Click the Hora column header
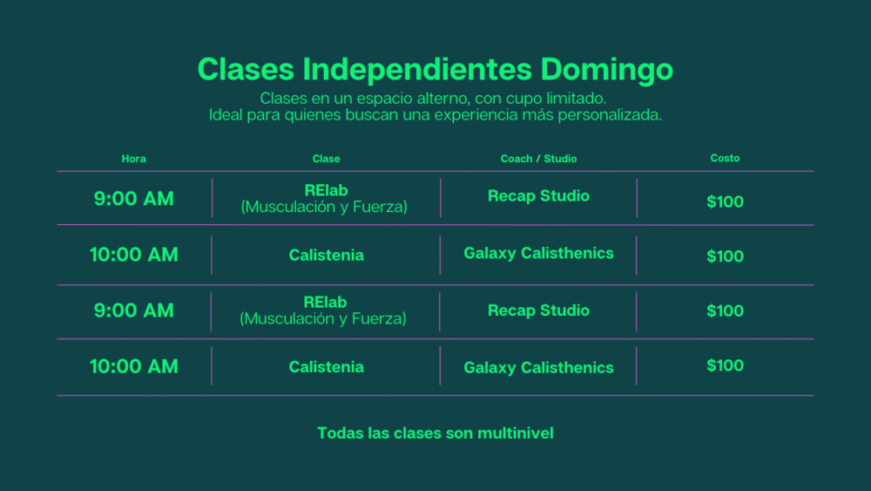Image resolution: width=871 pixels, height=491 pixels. (134, 159)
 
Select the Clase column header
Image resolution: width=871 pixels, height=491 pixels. (326, 159)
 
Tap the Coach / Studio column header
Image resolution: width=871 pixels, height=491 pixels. (538, 159)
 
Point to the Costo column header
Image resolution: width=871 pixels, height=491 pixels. (725, 159)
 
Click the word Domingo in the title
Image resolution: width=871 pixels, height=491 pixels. (606, 70)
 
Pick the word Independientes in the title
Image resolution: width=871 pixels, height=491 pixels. (417, 69)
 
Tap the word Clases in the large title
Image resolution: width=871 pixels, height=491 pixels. (246, 69)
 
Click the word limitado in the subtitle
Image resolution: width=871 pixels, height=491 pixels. (576, 99)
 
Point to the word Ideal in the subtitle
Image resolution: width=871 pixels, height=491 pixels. (226, 115)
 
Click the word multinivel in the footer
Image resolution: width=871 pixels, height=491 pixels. (515, 433)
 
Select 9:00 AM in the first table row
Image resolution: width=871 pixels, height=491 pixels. (134, 199)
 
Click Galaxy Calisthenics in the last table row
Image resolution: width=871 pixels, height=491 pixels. (538, 368)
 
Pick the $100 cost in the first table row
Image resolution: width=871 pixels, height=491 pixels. (725, 201)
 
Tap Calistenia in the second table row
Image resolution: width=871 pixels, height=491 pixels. (326, 256)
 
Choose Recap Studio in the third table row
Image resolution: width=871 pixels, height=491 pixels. (538, 310)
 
